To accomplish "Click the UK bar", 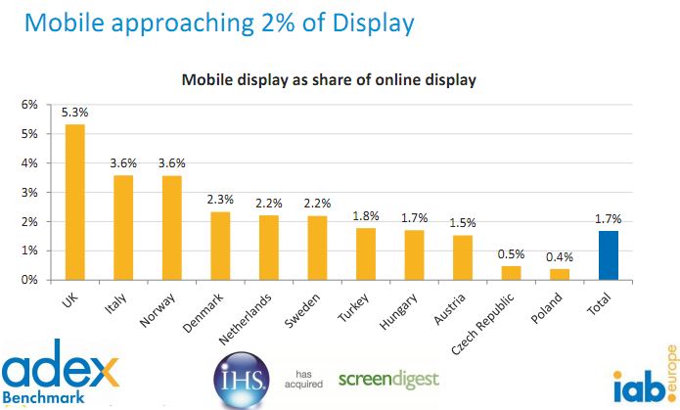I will click(74, 203).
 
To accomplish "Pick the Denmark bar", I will click(220, 246).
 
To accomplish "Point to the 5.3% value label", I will click(74, 113).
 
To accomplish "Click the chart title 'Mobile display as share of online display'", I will click(328, 79).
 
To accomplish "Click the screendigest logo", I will click(388, 378).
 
